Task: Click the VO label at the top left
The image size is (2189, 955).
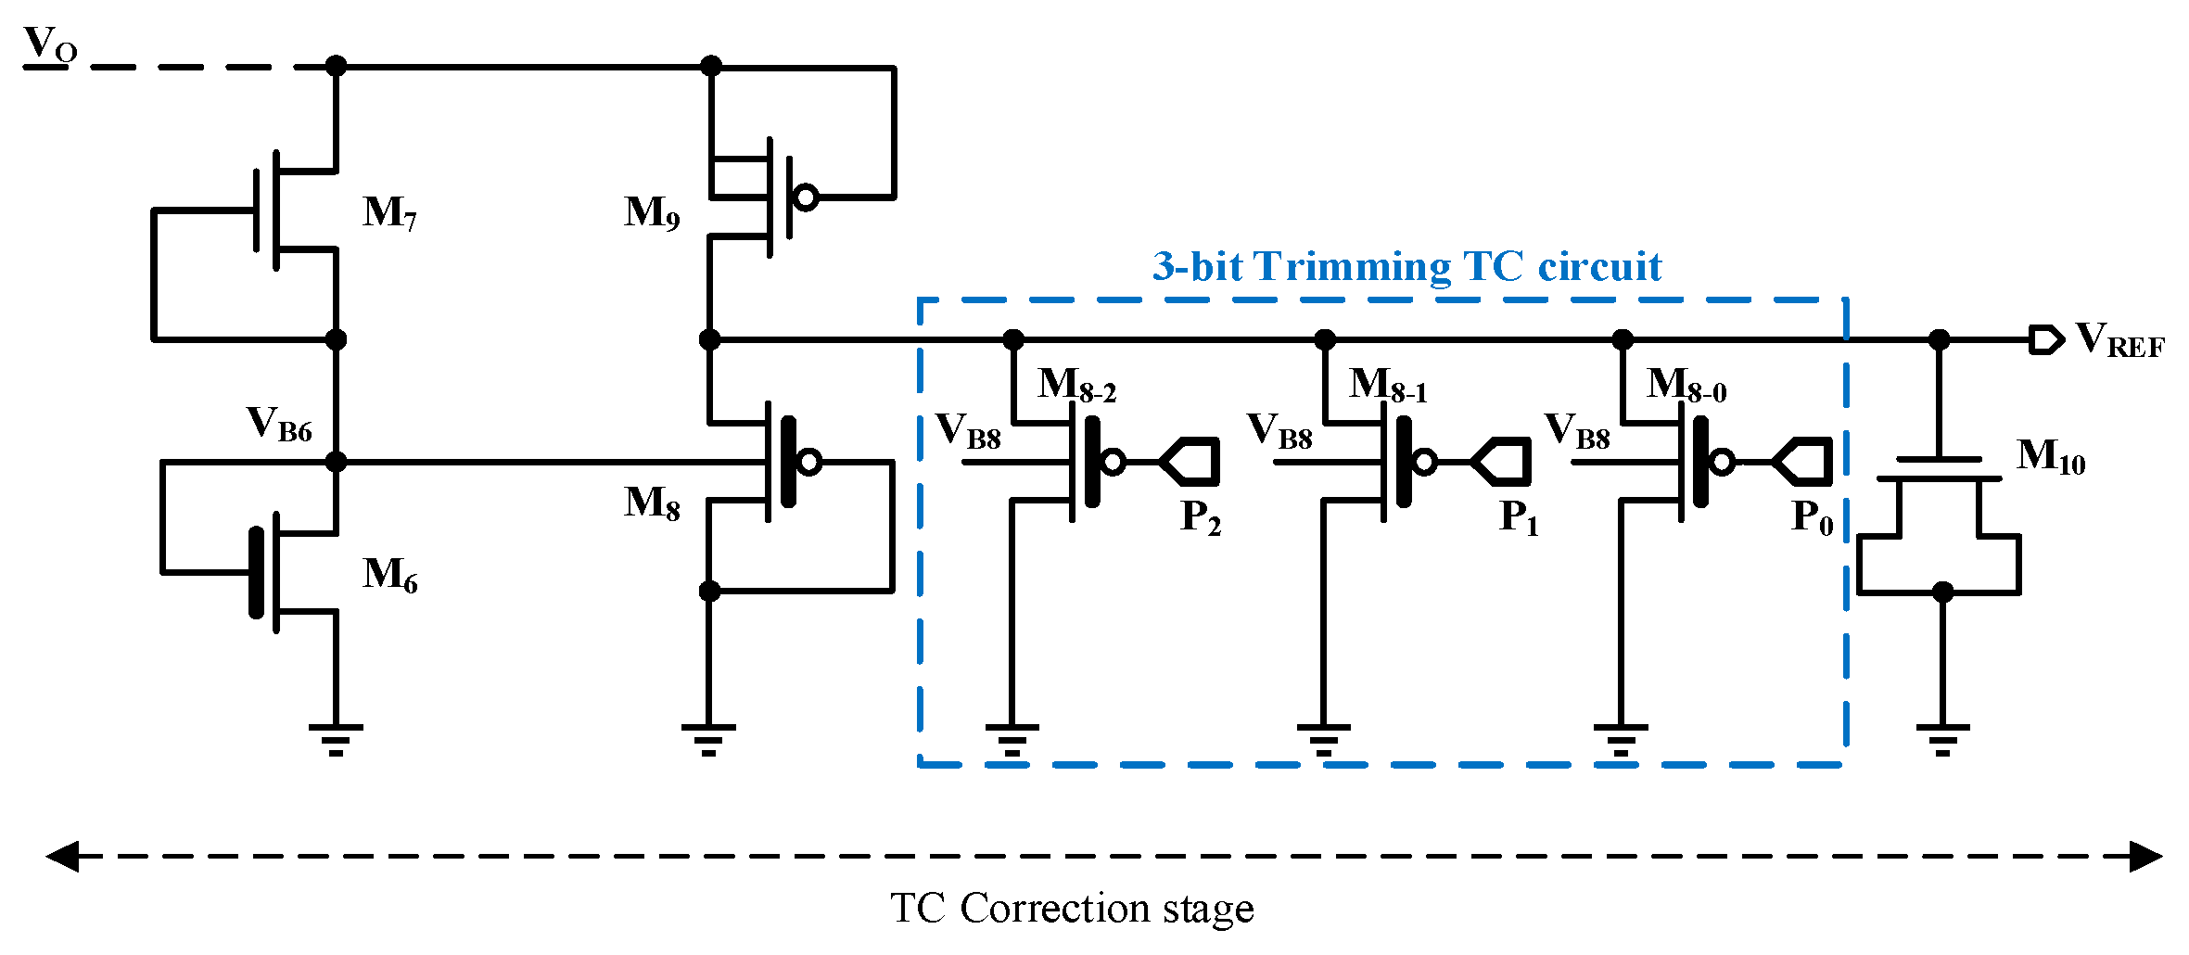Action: coord(49,45)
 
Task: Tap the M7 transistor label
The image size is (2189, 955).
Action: coord(389,213)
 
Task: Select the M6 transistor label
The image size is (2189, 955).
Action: coord(389,575)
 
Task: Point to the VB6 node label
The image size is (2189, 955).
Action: coord(279,425)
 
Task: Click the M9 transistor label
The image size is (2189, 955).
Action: coord(652,213)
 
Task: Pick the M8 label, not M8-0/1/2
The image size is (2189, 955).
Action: coord(652,503)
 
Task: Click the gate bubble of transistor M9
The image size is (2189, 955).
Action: coord(807,197)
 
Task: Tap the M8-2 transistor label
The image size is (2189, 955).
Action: coord(1076,385)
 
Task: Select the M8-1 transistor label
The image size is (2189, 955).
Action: coord(1388,385)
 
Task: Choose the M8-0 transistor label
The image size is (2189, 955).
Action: coord(1686,385)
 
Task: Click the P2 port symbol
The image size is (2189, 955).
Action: coord(1190,461)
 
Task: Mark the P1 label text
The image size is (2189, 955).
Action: coord(1519,517)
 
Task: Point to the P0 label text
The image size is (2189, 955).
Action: coord(1812,517)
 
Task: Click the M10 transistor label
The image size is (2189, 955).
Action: coord(2051,457)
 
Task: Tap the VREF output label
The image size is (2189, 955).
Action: coord(2119,340)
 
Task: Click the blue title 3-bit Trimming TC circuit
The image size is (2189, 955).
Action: coord(1406,267)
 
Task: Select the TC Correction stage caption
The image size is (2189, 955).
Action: coord(1072,909)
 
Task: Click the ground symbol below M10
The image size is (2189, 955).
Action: coord(1942,739)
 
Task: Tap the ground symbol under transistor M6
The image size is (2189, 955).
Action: coord(336,739)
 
